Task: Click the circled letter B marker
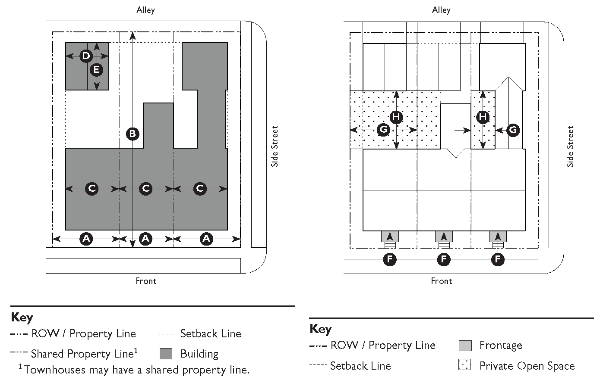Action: pos(133,134)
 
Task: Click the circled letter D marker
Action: pos(86,56)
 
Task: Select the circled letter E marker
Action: pos(96,70)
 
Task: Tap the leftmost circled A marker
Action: pos(86,239)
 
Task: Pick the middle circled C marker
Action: pos(145,189)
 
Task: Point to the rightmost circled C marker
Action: pos(200,189)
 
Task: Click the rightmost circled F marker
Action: pos(498,259)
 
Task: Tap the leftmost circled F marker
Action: pos(390,259)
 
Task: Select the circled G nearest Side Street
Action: pos(513,130)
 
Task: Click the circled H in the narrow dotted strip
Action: pos(483,117)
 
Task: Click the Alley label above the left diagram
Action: pos(145,10)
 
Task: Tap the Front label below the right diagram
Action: pos(442,281)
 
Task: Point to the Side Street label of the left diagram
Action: pos(275,146)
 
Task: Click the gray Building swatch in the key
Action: pos(166,354)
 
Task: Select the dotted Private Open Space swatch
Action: pos(464,365)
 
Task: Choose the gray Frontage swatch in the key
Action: pos(465,346)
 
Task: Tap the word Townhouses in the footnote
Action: pos(55,370)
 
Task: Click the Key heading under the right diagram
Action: pos(321,329)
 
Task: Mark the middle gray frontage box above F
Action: pos(444,237)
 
